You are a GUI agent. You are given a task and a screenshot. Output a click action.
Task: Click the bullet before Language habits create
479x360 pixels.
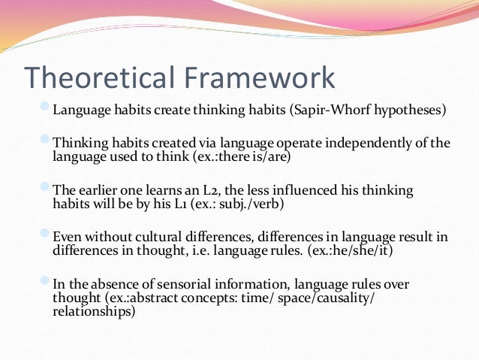click(x=46, y=110)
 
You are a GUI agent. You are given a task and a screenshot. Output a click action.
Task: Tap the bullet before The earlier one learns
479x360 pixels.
click(x=46, y=189)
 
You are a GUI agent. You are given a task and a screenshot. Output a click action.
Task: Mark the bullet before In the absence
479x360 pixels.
click(x=46, y=283)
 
